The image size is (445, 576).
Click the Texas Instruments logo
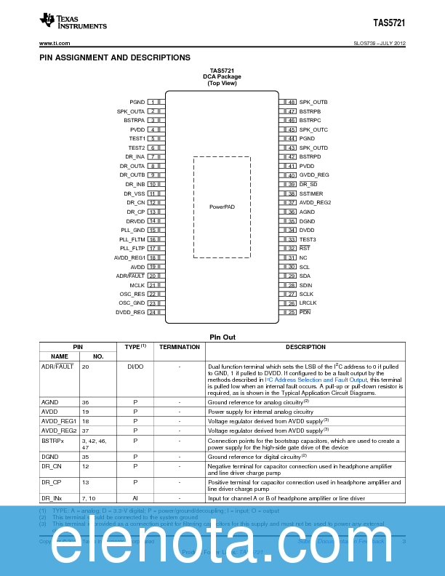coord(73,23)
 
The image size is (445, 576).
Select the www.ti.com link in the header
coord(53,44)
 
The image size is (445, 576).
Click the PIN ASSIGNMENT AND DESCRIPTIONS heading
coord(115,57)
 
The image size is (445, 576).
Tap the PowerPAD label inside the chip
coord(222,207)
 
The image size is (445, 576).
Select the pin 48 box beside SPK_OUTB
coord(291,102)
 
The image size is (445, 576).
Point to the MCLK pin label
coord(137,285)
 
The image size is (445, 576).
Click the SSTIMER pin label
coord(311,193)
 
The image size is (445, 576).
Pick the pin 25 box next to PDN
coord(291,312)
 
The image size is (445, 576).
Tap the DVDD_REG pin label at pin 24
coord(130,312)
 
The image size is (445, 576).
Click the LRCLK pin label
coord(308,303)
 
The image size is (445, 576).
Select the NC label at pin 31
coord(303,257)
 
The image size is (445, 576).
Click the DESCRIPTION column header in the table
coord(305,347)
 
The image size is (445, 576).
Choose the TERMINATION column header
coord(180,347)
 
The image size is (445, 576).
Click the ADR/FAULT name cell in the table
coord(57,367)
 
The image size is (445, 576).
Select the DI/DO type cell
coord(135,367)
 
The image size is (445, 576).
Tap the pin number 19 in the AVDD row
coord(86,412)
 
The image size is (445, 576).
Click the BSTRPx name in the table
coord(52,440)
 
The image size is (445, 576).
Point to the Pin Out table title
coord(222,337)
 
